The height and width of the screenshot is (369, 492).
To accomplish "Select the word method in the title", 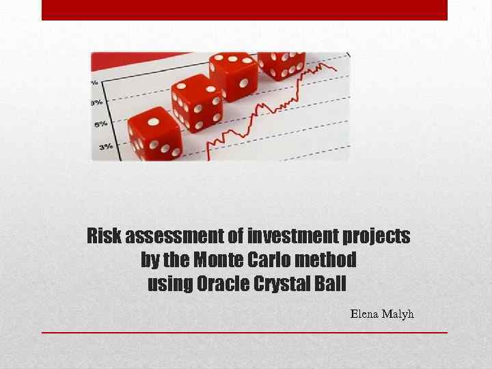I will click(x=330, y=260).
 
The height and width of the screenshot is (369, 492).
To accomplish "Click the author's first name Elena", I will click(x=366, y=314).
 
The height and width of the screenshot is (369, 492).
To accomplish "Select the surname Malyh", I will click(x=399, y=314).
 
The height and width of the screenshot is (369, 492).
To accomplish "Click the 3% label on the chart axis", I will click(x=106, y=146).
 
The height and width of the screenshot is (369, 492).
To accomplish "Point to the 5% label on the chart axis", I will click(x=101, y=124).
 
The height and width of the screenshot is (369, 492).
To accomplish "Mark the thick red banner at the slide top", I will click(x=245, y=10).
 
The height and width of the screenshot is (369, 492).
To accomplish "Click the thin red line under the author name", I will click(x=245, y=333).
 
